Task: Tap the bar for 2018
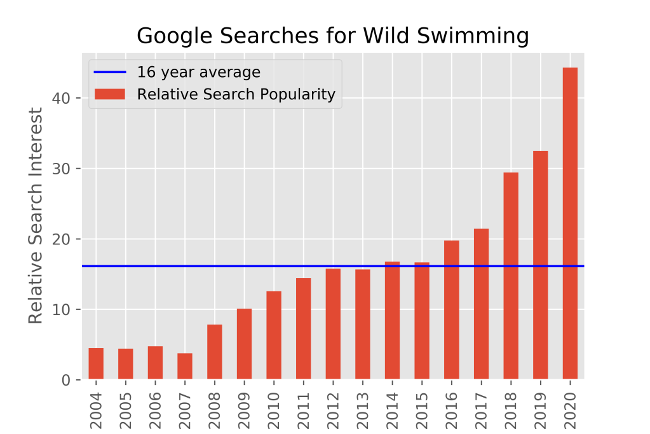[511, 276]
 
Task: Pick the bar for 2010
[274, 335]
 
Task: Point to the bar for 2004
[96, 364]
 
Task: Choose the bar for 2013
[363, 325]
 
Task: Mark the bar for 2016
[452, 310]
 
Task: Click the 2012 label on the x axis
[334, 406]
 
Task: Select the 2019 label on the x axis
[541, 406]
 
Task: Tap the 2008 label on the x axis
[215, 406]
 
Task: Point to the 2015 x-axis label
[423, 406]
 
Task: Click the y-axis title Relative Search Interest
[36, 215]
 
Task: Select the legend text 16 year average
[199, 72]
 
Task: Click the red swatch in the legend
[110, 94]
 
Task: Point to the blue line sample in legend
[110, 72]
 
